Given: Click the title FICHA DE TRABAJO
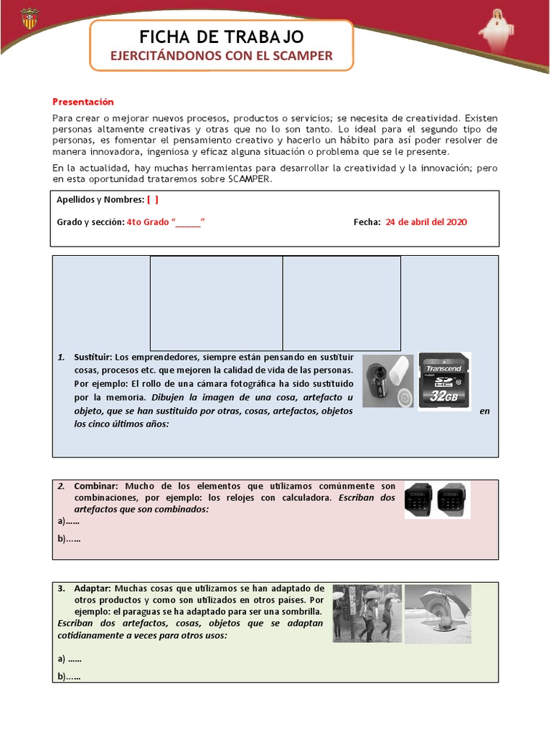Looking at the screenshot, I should pyautogui.click(x=221, y=37).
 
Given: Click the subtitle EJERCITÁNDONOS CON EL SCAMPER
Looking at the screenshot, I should pyautogui.click(x=221, y=55).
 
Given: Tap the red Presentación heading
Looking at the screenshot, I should pyautogui.click(x=83, y=102).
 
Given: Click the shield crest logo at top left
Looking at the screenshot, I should pyautogui.click(x=30, y=19).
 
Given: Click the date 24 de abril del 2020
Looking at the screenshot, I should pyautogui.click(x=426, y=222).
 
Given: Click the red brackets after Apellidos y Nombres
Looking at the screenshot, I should pyautogui.click(x=153, y=200).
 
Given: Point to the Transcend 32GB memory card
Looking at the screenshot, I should pyautogui.click(x=444, y=381).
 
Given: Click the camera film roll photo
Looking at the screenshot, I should pyautogui.click(x=388, y=381).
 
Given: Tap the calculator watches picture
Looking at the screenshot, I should pyautogui.click(x=437, y=500).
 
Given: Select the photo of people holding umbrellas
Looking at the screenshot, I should pyautogui.click(x=367, y=613).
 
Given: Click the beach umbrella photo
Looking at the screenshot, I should pyautogui.click(x=438, y=613).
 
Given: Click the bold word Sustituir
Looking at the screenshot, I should pyautogui.click(x=93, y=357).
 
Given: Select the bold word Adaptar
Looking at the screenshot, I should pyautogui.click(x=93, y=588).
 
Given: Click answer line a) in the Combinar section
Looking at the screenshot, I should pyautogui.click(x=69, y=521).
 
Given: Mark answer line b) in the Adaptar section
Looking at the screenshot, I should pyautogui.click(x=69, y=676).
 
